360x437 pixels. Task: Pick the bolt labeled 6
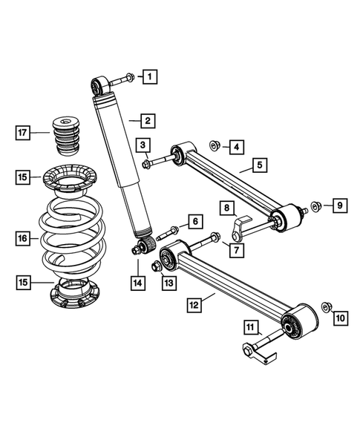[x=165, y=229]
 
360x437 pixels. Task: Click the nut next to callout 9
[x=315, y=206]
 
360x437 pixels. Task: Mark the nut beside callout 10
[x=326, y=306]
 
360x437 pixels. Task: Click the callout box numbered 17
[x=24, y=133]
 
